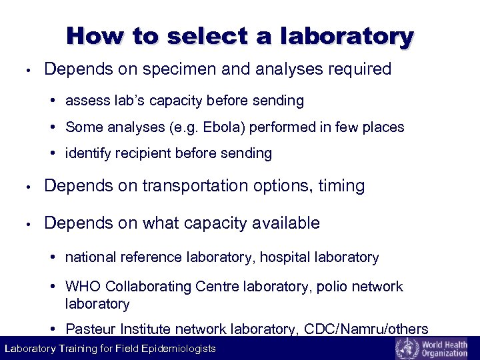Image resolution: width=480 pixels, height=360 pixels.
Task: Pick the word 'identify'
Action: pos(89,153)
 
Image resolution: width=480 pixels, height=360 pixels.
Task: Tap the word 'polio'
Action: pos(332,287)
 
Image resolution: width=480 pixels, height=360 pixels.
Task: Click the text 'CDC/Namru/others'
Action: pos(366,329)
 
